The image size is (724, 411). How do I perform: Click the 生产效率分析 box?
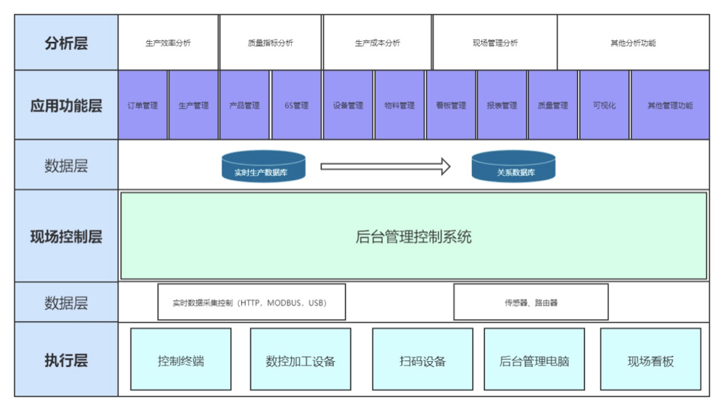(x=168, y=43)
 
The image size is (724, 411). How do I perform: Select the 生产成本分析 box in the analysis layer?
(x=377, y=43)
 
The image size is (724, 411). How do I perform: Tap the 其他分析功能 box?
(x=633, y=43)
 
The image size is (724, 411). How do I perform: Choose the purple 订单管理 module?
(x=143, y=105)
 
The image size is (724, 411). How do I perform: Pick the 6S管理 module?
(x=296, y=105)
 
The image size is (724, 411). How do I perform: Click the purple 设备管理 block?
(x=348, y=105)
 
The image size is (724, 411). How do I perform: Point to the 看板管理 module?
(x=451, y=105)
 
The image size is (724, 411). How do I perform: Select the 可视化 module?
(x=604, y=105)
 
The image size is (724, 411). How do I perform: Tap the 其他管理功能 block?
(x=670, y=105)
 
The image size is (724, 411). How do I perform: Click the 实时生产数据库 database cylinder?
(x=264, y=166)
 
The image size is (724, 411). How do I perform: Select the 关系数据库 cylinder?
(x=513, y=166)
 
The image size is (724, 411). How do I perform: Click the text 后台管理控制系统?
(x=413, y=237)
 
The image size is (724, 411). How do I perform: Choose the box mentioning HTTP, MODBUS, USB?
(x=251, y=302)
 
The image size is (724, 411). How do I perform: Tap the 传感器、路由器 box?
(x=531, y=302)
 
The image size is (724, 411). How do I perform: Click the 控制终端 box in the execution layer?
(x=180, y=360)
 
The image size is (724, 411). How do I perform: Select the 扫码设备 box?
(x=422, y=360)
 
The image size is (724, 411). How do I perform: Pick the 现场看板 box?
(x=650, y=360)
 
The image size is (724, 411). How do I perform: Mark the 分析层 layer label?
(x=66, y=43)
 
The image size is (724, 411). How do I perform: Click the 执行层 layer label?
(x=66, y=360)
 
